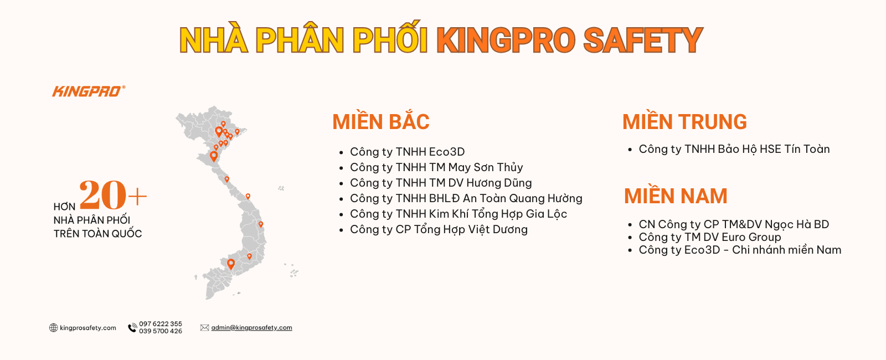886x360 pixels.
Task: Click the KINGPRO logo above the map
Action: tap(89, 91)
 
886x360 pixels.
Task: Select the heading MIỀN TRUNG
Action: tap(684, 121)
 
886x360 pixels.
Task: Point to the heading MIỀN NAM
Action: tap(676, 196)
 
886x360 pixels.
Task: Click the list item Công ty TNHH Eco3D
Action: tap(408, 152)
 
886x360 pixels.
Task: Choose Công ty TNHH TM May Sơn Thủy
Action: tap(436, 167)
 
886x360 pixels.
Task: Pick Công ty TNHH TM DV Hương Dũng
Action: tap(441, 183)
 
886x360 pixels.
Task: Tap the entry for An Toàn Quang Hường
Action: tap(466, 198)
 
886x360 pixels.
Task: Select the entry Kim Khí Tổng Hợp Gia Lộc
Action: tap(459, 214)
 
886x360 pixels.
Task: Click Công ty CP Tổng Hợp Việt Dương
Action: tap(439, 229)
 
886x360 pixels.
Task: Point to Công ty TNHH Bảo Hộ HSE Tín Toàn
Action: tap(734, 149)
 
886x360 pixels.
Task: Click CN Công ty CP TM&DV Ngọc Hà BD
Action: tap(734, 224)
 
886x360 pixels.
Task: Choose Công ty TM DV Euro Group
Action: tap(710, 237)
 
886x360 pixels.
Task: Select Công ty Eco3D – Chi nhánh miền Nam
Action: tap(740, 250)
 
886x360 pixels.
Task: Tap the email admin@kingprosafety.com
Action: tap(251, 327)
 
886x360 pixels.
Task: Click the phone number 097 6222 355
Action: tap(161, 323)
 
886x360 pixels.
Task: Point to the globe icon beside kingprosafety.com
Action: tap(53, 327)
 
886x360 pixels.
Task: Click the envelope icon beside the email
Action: tap(204, 327)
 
